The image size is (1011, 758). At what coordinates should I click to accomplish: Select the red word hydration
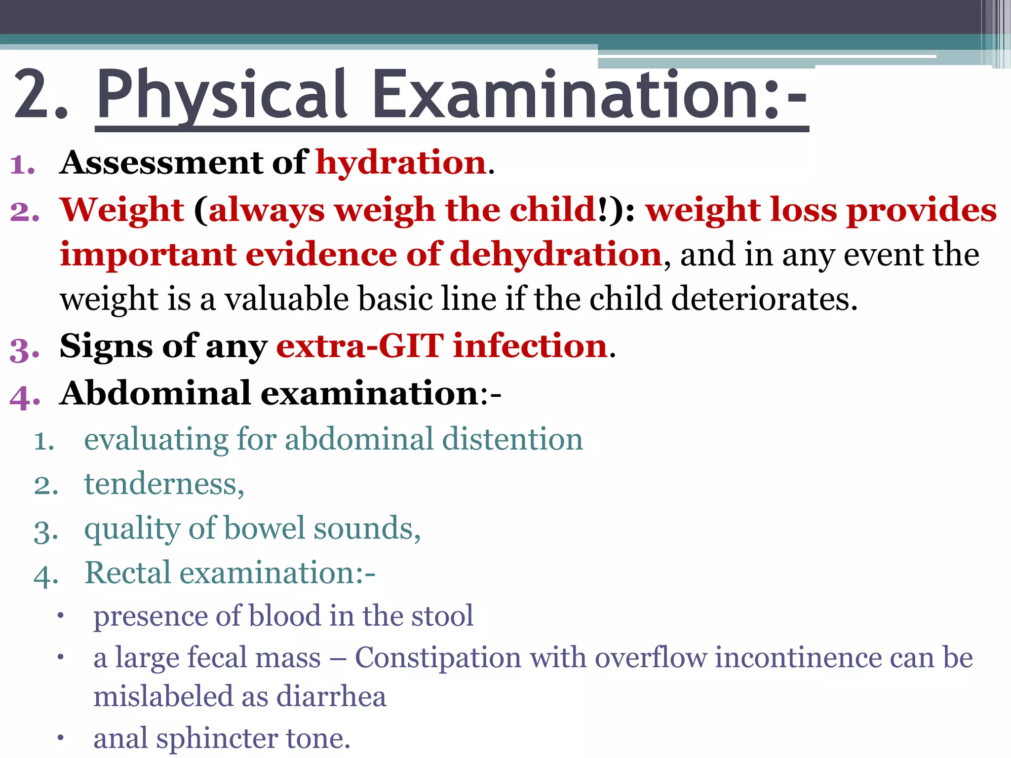[x=401, y=163]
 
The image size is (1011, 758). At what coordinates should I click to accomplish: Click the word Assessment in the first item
[x=161, y=162]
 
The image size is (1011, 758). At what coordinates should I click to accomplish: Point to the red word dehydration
[x=555, y=255]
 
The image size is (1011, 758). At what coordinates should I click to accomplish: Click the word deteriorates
[x=763, y=299]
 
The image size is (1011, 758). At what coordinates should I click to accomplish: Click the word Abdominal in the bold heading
[x=156, y=394]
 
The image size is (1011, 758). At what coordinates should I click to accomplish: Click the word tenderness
[x=163, y=484]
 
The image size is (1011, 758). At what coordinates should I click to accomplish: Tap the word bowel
[x=264, y=529]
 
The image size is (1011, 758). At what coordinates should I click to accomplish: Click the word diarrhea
[x=331, y=697]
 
